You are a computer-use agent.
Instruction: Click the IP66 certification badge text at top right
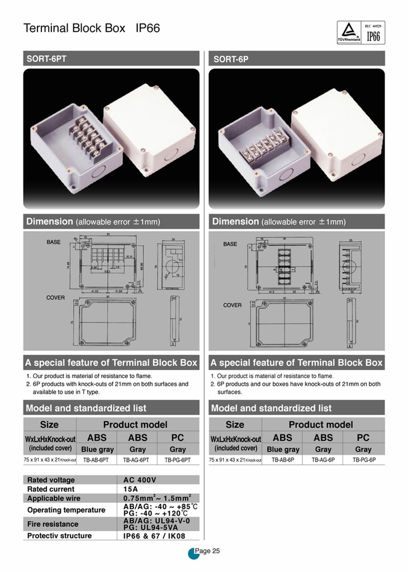pyautogui.click(x=372, y=36)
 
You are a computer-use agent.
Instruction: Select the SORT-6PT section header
pyautogui.click(x=111, y=58)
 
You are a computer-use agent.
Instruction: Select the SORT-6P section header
pyautogui.click(x=296, y=59)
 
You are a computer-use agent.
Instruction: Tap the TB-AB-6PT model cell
pyautogui.click(x=96, y=460)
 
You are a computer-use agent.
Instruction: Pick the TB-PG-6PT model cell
pyautogui.click(x=178, y=460)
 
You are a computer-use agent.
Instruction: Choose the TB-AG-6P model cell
pyautogui.click(x=323, y=460)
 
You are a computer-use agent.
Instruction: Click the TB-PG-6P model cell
pyautogui.click(x=363, y=460)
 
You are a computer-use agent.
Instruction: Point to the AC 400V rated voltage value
pyautogui.click(x=139, y=480)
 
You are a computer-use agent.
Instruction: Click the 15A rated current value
pyautogui.click(x=131, y=489)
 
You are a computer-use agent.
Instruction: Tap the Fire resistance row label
pyautogui.click(x=53, y=524)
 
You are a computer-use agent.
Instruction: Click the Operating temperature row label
pyautogui.click(x=66, y=510)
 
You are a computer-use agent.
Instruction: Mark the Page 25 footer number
pyautogui.click(x=211, y=551)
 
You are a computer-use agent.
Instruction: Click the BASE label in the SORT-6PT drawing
pyautogui.click(x=54, y=242)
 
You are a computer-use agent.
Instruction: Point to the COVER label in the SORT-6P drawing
pyautogui.click(x=233, y=305)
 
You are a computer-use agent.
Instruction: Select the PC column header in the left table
pyautogui.click(x=178, y=437)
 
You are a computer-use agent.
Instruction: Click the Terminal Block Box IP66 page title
pyautogui.click(x=92, y=28)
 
